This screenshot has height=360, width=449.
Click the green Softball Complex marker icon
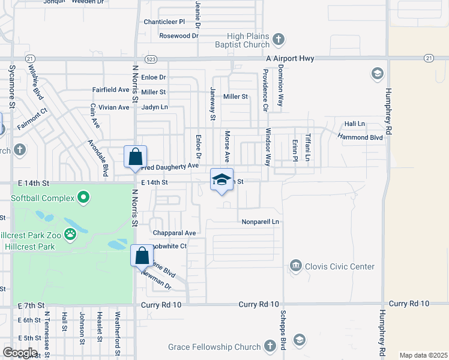tap(84, 197)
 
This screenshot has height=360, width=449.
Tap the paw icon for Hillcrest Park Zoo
tap(71, 233)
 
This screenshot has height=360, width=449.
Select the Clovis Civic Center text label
tap(340, 266)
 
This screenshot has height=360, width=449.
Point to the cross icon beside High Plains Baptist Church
tap(278, 40)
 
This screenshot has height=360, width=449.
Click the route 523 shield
tap(152, 58)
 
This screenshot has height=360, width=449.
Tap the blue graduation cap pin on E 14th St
tap(221, 180)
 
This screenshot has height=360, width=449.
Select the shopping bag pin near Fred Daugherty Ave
tap(136, 157)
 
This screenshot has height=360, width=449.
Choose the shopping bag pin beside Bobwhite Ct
tap(142, 256)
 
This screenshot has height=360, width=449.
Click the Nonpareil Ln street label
tap(261, 221)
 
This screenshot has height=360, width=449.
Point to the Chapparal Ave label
tap(175, 233)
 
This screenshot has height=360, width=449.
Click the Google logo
tap(20, 353)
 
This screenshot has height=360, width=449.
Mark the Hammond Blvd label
tap(360, 137)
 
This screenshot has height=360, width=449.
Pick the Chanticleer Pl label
tap(164, 22)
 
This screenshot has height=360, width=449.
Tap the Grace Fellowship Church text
tap(214, 347)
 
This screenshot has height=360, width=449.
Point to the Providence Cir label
tap(265, 90)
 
